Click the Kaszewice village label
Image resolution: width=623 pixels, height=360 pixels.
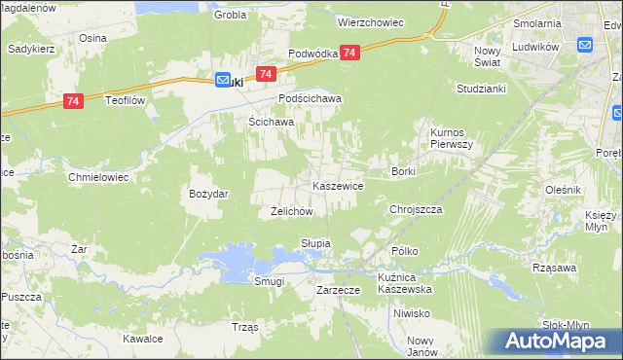coord(338,185)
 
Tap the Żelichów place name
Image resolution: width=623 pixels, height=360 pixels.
coord(291,211)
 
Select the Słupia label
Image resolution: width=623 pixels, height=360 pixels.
coord(316,242)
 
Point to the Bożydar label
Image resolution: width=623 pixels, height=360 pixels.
coord(208,194)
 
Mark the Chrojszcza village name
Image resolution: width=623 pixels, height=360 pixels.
coord(416,209)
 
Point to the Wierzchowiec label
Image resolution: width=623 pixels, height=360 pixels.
coord(370,20)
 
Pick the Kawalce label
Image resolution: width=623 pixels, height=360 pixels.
coord(142,339)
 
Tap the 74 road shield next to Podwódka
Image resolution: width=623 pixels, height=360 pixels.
coord(350,53)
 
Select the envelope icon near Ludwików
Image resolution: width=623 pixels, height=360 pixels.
coord(585,44)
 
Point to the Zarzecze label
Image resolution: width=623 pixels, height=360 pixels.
coord(340,290)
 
